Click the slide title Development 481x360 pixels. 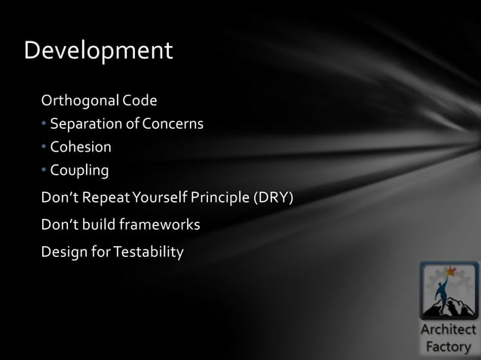click(99, 51)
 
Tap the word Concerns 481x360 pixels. click(174, 123)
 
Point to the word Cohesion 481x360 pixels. click(81, 146)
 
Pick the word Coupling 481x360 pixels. click(79, 170)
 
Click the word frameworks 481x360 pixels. click(163, 224)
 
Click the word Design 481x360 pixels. click(63, 251)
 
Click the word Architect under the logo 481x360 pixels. click(449, 330)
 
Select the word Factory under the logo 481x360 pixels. click(449, 346)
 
